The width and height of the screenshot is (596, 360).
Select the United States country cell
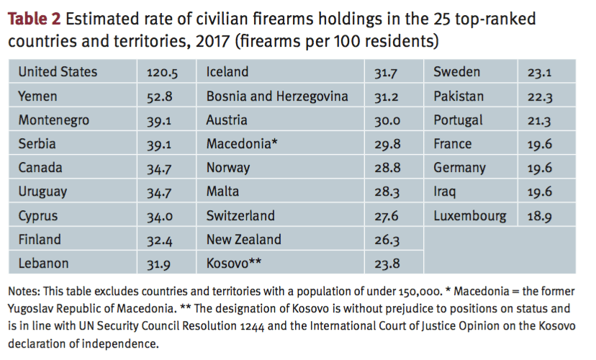(58, 72)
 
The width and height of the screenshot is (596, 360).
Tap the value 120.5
(163, 72)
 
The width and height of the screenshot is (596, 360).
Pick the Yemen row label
(37, 96)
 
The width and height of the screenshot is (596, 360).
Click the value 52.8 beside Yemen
(160, 96)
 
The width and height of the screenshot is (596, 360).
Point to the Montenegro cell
(53, 120)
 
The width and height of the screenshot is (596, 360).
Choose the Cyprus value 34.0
(160, 216)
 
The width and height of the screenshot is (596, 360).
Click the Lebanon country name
(43, 264)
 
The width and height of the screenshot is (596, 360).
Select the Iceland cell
(227, 72)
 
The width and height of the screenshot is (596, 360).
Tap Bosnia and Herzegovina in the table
(277, 96)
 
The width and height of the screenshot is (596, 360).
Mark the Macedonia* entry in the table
(242, 144)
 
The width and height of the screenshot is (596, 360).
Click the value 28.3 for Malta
(387, 192)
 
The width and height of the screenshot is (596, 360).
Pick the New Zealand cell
(244, 240)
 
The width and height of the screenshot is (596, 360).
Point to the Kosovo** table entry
(234, 264)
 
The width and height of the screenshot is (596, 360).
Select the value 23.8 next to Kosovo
(387, 264)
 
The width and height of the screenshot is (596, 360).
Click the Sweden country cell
(456, 72)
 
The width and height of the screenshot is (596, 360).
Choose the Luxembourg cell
(469, 216)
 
